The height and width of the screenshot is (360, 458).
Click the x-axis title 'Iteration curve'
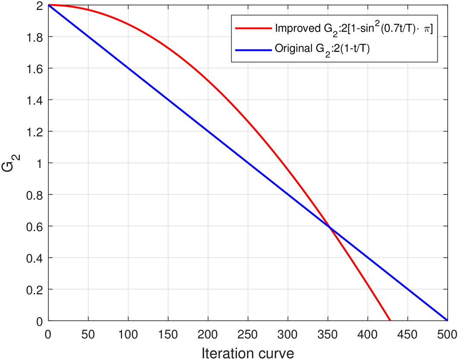coord(247,352)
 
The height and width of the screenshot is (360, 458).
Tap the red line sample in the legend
coord(253,29)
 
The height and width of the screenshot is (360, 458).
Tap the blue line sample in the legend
coord(253,49)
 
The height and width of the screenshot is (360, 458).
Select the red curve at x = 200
coord(208,81)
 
